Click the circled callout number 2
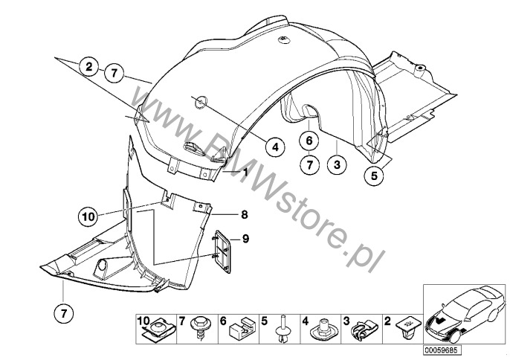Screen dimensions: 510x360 pos(89,68)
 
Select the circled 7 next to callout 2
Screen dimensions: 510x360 pos(114,73)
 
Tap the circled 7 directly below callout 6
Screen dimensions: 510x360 pos(309,165)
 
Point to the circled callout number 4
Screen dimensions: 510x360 pos(275,147)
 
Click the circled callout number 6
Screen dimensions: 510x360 pos(309,141)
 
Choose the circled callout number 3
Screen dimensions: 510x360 pos(337,164)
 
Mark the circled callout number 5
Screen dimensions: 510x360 pos(374,176)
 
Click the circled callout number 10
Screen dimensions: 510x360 pos(88,216)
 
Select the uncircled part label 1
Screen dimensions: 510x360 pos(245,172)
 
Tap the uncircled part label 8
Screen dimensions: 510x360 pos(245,214)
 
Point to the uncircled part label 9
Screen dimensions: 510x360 pos(245,239)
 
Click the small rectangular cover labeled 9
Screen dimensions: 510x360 pos(222,251)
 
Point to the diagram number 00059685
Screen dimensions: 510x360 pos(442,350)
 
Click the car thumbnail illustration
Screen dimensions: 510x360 pos(465,314)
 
